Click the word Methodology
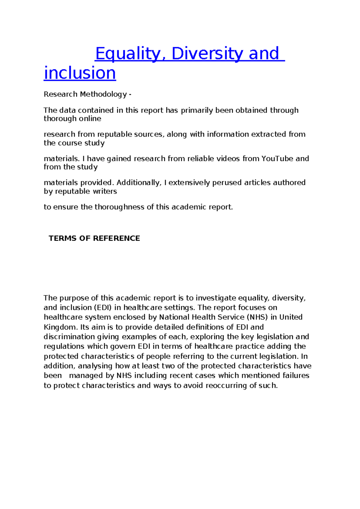(x=103, y=94)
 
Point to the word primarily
(x=197, y=110)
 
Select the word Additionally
(x=138, y=182)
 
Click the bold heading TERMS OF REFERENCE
(x=94, y=238)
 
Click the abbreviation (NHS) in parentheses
(x=257, y=317)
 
